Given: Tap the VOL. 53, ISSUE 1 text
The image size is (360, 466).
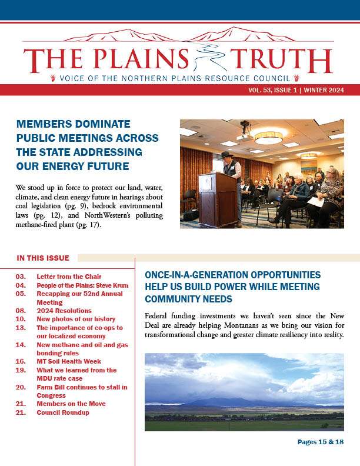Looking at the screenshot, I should tap(275, 90).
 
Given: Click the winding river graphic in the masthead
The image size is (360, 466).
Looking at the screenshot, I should tap(209, 59).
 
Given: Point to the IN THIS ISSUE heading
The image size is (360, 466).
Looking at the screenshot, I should tap(43, 258).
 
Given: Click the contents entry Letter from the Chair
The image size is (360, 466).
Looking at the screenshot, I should tap(69, 277).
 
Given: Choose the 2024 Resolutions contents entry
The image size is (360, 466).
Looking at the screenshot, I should tap(64, 310).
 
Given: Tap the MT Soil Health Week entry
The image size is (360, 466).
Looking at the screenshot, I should tap(69, 361).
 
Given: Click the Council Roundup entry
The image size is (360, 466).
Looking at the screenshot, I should tap(63, 412).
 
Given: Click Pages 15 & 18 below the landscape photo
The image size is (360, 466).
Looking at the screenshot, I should tap(320, 442).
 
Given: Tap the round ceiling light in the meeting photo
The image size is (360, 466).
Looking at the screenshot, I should tap(268, 138).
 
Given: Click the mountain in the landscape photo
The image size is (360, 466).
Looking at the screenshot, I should tap(235, 401).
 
